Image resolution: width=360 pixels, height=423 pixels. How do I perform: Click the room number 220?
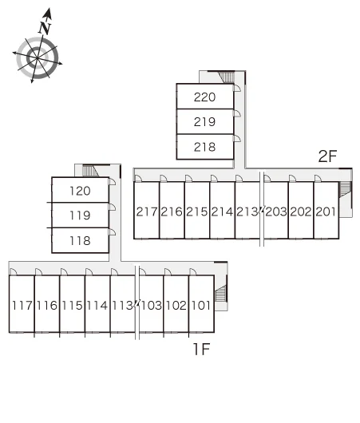pos(204,97)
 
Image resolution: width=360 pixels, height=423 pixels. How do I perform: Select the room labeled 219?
pos(204,122)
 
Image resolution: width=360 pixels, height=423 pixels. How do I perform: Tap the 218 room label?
pos(204,147)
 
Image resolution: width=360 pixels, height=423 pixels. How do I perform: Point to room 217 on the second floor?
pos(147,211)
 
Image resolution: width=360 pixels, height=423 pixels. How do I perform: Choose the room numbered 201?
pos(326,211)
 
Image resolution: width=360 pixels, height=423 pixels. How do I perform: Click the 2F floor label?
pos(327,156)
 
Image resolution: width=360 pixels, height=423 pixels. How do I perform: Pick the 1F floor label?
pos(202,349)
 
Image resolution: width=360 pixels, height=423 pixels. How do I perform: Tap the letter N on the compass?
pos(45,28)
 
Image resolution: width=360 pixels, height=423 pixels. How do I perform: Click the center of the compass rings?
pos(38,58)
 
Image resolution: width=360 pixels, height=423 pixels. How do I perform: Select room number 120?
pos(80,191)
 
